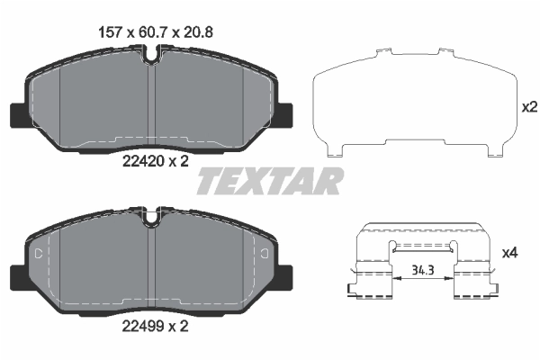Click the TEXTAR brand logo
(x=269, y=180)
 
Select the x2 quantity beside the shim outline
(x=529, y=106)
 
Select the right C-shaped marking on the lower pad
(x=267, y=256)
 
